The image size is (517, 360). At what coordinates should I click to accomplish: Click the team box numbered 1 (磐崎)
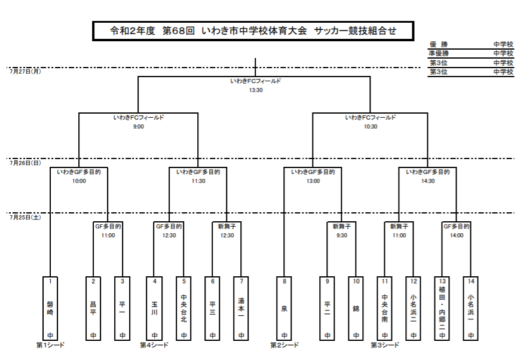point(50,309)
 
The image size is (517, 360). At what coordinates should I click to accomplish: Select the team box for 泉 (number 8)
point(284,309)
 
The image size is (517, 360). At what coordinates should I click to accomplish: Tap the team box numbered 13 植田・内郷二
point(442,309)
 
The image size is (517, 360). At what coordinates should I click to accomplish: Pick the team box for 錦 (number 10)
point(356,309)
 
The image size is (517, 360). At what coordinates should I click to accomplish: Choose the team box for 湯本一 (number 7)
point(241,309)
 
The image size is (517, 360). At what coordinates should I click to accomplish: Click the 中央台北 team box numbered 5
point(183,309)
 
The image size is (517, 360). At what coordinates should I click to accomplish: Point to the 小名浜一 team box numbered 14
point(471,309)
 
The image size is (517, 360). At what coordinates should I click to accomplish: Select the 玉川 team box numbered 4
point(154,309)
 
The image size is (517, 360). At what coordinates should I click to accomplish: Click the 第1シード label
point(50,345)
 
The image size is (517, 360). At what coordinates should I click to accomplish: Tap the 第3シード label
point(385,345)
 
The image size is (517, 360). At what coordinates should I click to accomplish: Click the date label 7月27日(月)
point(25,71)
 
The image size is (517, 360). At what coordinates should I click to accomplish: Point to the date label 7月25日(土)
point(25,217)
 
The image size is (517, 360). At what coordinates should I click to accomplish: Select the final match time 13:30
point(256,90)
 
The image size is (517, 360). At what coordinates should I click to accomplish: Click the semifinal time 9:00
point(139,127)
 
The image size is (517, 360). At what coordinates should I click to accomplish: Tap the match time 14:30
point(428,181)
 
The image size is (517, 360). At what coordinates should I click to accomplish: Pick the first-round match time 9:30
point(342,236)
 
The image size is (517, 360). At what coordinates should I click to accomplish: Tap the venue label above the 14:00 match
point(457,227)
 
